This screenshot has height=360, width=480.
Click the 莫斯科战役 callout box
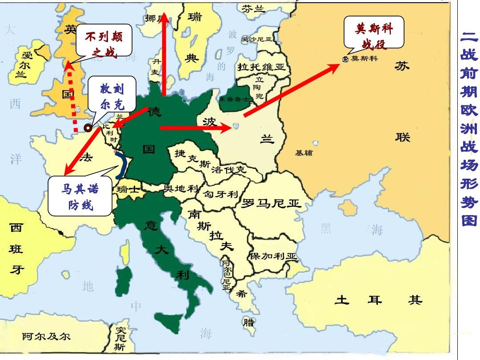tap(374, 32)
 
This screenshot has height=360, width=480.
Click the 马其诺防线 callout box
tap(80, 197)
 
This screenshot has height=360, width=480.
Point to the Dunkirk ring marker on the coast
tap(88, 128)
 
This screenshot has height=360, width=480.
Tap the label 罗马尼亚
tap(271, 204)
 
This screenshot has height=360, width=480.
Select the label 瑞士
tap(128, 189)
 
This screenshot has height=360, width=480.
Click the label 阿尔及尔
tap(47, 336)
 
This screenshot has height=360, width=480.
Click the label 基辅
tap(304, 153)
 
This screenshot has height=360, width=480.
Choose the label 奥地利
tap(181, 188)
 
